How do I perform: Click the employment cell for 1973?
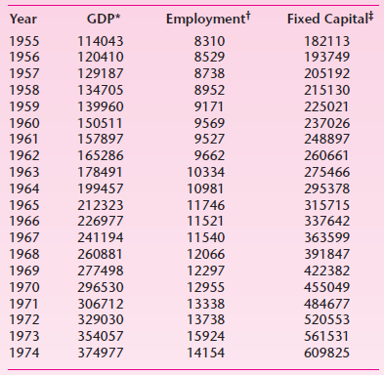pos(207,337)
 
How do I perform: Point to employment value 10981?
pos(207,187)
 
